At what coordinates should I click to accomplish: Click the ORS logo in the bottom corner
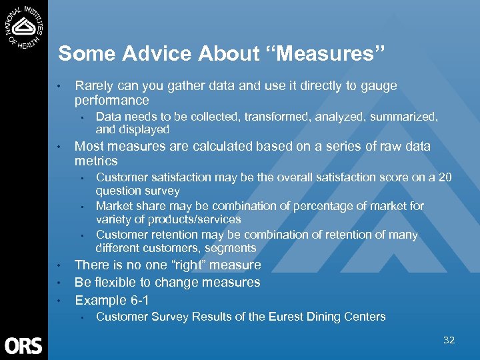(23, 345)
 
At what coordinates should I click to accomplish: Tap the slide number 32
(449, 340)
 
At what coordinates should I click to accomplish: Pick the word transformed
(275, 117)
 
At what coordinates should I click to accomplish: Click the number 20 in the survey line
(445, 177)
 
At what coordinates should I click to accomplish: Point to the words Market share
(127, 206)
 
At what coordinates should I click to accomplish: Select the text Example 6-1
(112, 300)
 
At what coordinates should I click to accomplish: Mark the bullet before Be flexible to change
(59, 283)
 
